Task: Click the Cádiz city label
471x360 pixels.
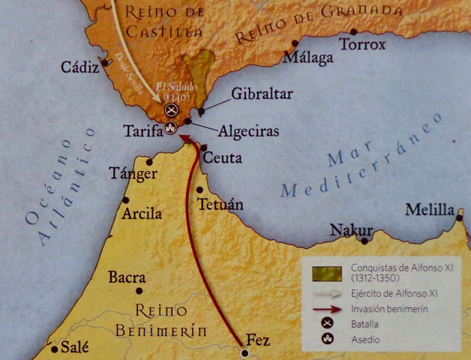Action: coord(80,67)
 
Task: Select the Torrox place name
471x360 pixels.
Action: coord(362,45)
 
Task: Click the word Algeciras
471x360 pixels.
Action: coord(248,131)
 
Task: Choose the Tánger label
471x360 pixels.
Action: coord(133,173)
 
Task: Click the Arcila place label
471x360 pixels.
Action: coord(142,214)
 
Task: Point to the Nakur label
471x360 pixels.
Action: coord(352,229)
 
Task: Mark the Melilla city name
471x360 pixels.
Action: coord(430,209)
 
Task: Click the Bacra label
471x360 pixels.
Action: coord(127,277)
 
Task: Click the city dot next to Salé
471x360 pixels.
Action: coord(54,349)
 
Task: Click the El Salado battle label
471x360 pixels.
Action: coord(173,91)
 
